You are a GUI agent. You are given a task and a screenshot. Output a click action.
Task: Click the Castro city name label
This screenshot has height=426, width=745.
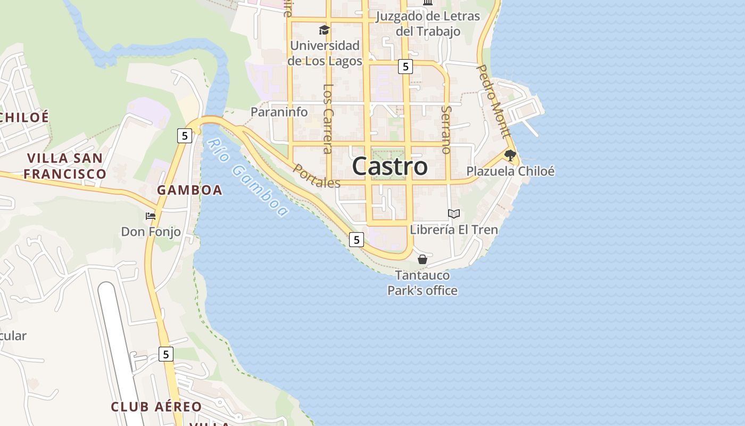coord(390,166)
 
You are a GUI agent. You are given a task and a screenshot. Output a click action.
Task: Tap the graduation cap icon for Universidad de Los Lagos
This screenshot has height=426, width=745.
coord(324,30)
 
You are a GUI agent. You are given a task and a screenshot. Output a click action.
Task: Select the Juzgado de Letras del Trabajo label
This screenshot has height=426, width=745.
coord(428,24)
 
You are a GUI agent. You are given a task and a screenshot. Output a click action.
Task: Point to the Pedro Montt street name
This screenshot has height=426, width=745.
coord(493,101)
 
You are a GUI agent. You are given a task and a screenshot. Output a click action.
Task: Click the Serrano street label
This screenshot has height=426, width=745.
coord(446,130)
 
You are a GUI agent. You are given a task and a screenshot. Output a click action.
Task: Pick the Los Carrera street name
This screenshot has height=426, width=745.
coord(328,118)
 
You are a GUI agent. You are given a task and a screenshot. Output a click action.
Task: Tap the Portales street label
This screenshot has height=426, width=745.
coord(317,176)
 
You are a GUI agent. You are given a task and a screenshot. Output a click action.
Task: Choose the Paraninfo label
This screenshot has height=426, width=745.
coord(279,112)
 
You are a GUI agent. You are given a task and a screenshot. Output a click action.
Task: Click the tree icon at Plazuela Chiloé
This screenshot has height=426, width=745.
coord(510,155)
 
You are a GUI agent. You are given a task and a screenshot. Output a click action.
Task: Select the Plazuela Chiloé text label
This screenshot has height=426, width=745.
coord(510,171)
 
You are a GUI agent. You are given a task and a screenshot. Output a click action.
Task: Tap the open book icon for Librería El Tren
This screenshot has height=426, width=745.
coord(453,214)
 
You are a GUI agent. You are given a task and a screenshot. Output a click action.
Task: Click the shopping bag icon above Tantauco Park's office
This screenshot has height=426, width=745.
coord(423,259)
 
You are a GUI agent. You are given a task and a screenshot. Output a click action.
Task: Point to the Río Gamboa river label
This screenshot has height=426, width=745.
coord(247,178)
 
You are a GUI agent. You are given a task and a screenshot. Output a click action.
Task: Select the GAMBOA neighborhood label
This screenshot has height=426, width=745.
coord(189,190)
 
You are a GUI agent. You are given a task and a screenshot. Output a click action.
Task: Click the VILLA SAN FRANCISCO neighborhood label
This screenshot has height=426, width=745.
coord(64,166)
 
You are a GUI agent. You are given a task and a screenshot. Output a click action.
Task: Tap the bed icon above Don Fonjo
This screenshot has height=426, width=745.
coord(151,216)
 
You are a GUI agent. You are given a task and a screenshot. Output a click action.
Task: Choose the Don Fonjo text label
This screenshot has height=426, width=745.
coord(151,232)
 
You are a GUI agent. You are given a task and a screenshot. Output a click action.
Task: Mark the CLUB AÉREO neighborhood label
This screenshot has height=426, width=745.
coord(156,407)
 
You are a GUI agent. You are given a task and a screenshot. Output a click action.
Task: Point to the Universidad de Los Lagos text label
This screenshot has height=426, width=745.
coord(325,53)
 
